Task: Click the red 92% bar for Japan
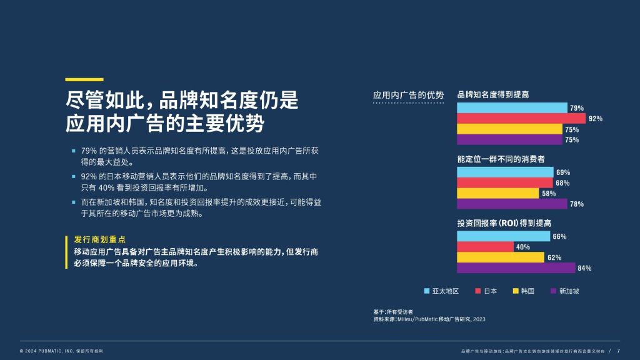click(x=521, y=118)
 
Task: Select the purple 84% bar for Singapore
click(x=516, y=267)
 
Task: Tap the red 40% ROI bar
click(x=485, y=247)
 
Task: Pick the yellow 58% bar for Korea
click(x=498, y=193)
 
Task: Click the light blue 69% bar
click(x=505, y=172)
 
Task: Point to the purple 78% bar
click(x=512, y=204)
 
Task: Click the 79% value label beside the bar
click(x=577, y=108)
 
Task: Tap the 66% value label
click(x=559, y=237)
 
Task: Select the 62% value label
click(x=554, y=257)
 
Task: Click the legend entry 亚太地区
click(x=441, y=291)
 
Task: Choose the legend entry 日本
click(x=486, y=291)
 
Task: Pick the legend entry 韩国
click(x=524, y=291)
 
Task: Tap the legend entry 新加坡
click(x=565, y=291)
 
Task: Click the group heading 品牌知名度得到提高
click(x=492, y=95)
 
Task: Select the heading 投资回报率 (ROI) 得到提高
click(x=504, y=223)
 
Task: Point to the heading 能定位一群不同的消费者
click(x=501, y=159)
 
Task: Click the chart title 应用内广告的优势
click(x=408, y=95)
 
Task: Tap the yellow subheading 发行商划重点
click(x=99, y=239)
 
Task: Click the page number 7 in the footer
click(x=618, y=351)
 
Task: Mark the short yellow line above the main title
click(x=84, y=79)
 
